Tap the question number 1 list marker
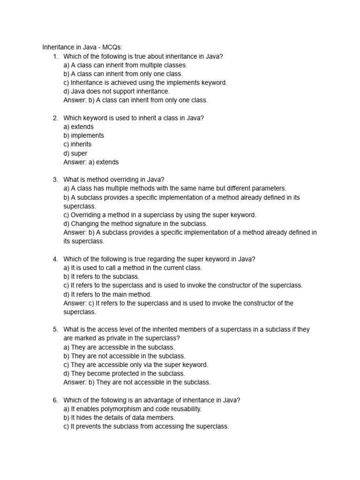55,56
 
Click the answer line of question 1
135,100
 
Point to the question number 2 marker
55,118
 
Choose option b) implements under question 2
83,135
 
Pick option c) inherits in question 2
77,144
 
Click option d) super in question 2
75,153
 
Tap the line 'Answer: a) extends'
91,162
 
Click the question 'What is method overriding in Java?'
114,180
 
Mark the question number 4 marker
55,259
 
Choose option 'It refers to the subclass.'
101,277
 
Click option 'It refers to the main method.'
107,294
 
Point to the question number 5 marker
55,330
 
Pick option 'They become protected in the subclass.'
124,374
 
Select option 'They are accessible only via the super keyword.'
136,365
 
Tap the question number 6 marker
55,400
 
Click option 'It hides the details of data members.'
119,418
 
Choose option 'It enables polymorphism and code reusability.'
133,409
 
